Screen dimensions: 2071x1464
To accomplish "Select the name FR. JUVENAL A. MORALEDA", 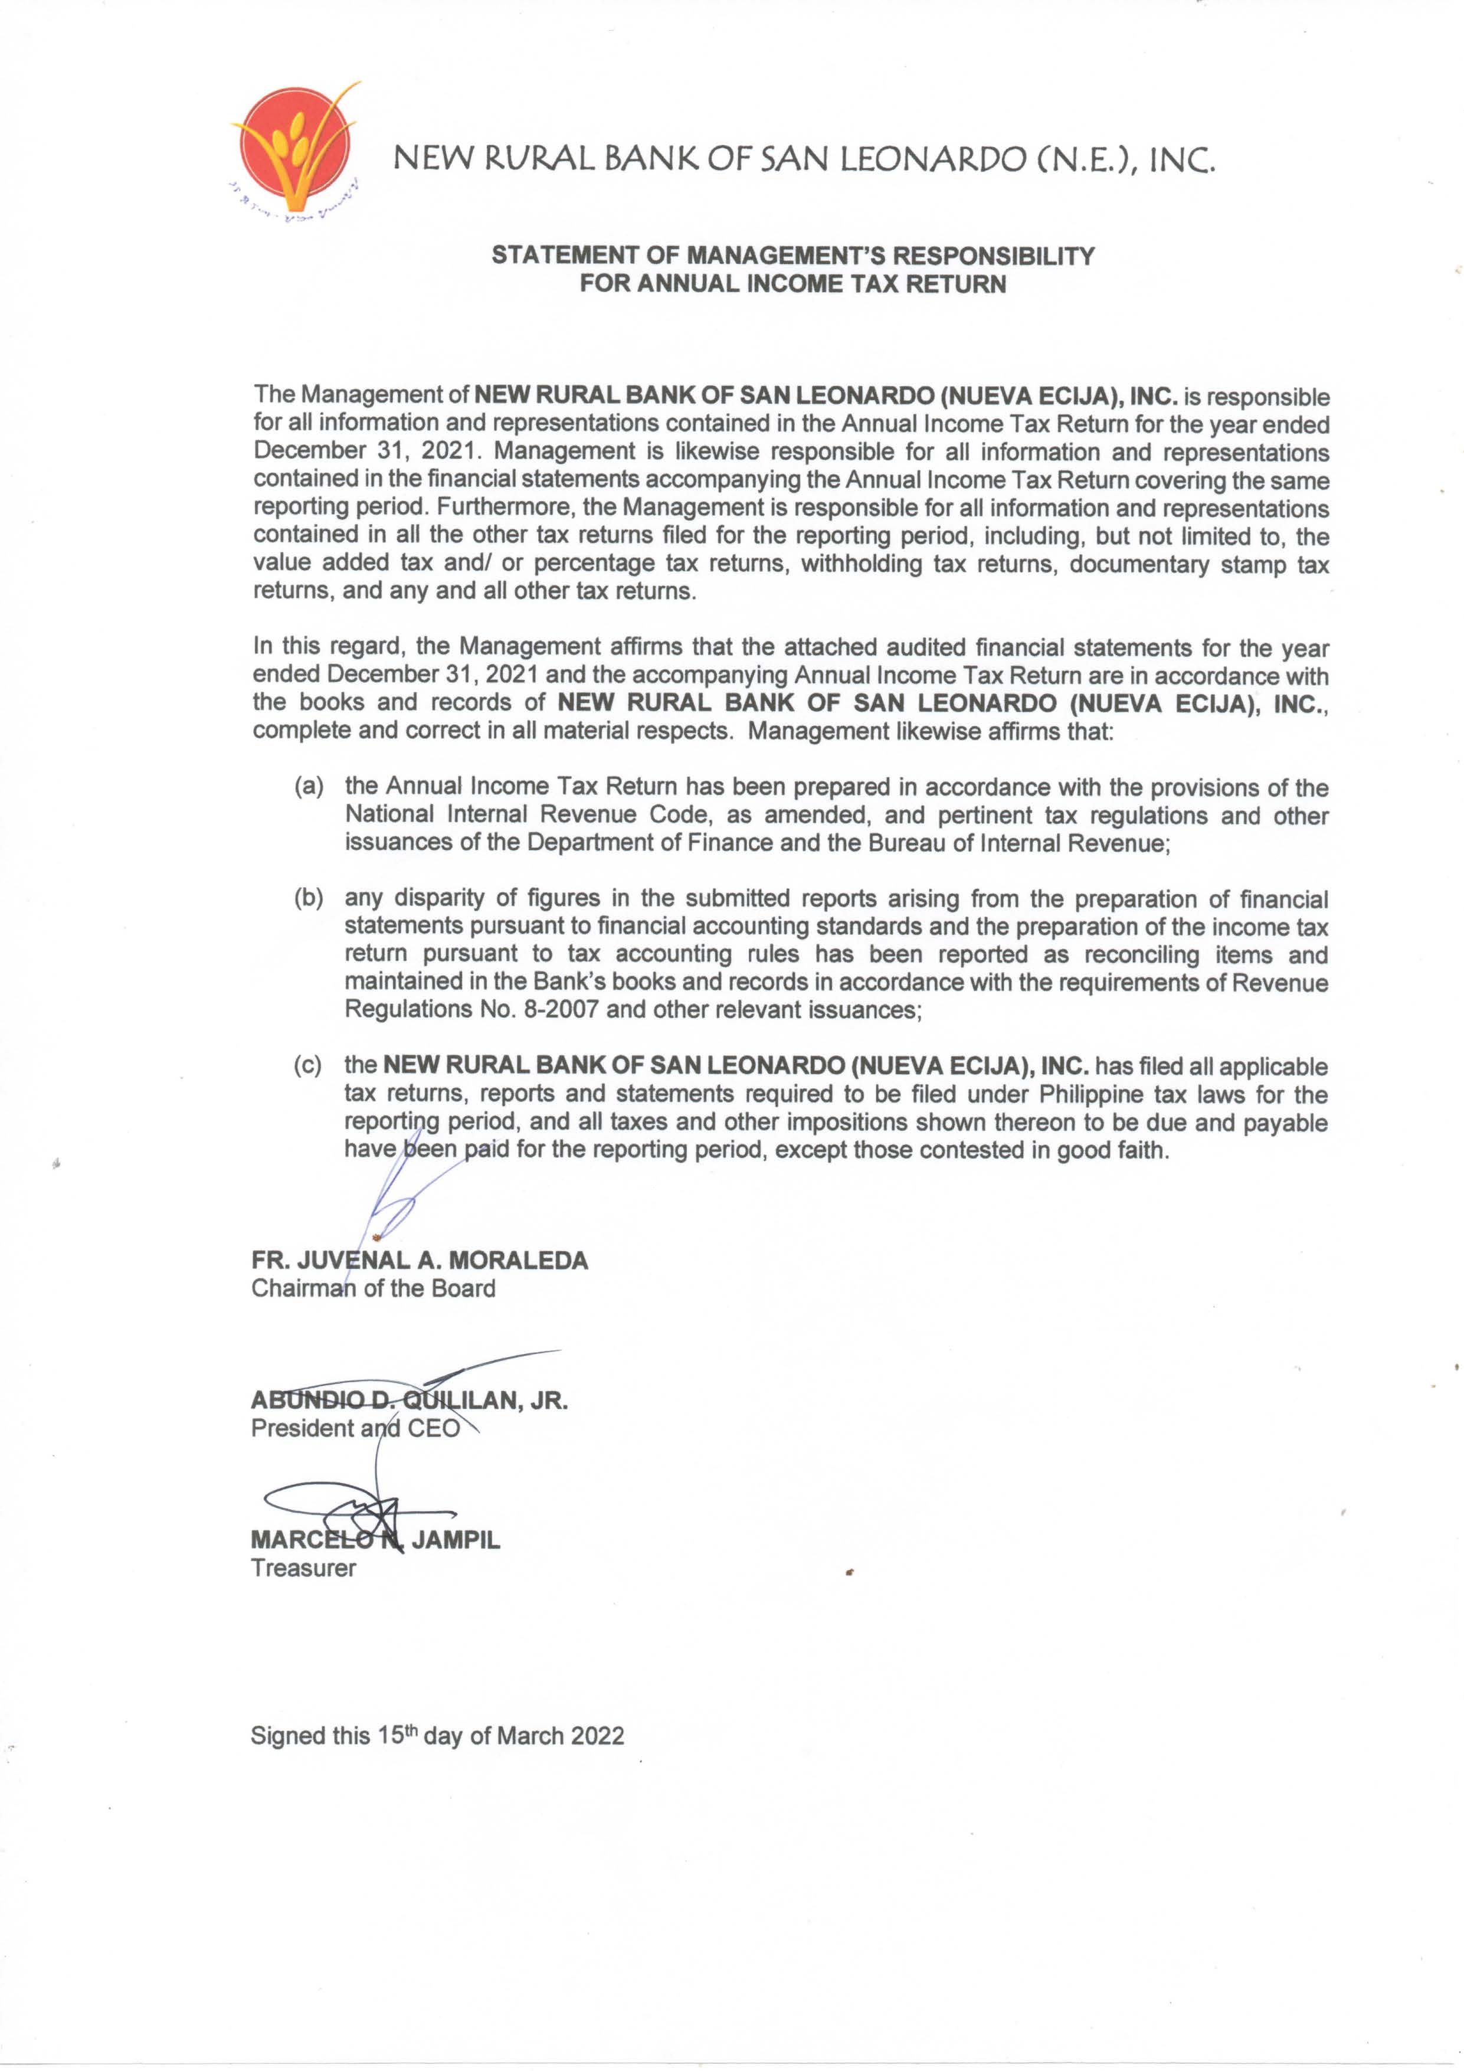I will click(420, 1260).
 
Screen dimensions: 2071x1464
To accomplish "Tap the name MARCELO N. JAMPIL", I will click(375, 1540).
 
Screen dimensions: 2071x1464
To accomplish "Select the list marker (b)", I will click(309, 898).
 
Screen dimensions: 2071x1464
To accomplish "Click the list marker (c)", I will click(309, 1065).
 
